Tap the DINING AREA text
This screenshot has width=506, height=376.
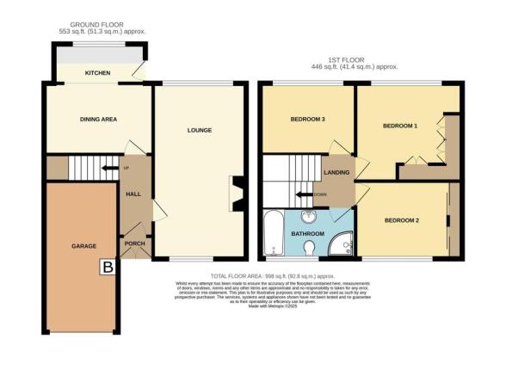(x=99, y=119)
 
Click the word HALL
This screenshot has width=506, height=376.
(x=133, y=194)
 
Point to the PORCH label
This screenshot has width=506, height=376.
(x=133, y=242)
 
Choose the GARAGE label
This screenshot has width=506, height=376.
(x=83, y=246)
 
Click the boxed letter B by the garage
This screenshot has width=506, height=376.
(x=108, y=268)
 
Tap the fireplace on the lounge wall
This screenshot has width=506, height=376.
(x=238, y=192)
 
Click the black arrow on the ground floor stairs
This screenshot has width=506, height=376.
(x=109, y=168)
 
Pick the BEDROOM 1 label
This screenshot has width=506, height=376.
(x=400, y=126)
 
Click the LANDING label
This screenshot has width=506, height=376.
(x=336, y=172)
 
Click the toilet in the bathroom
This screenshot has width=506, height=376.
(x=310, y=249)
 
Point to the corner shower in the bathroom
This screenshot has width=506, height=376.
(x=342, y=244)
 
